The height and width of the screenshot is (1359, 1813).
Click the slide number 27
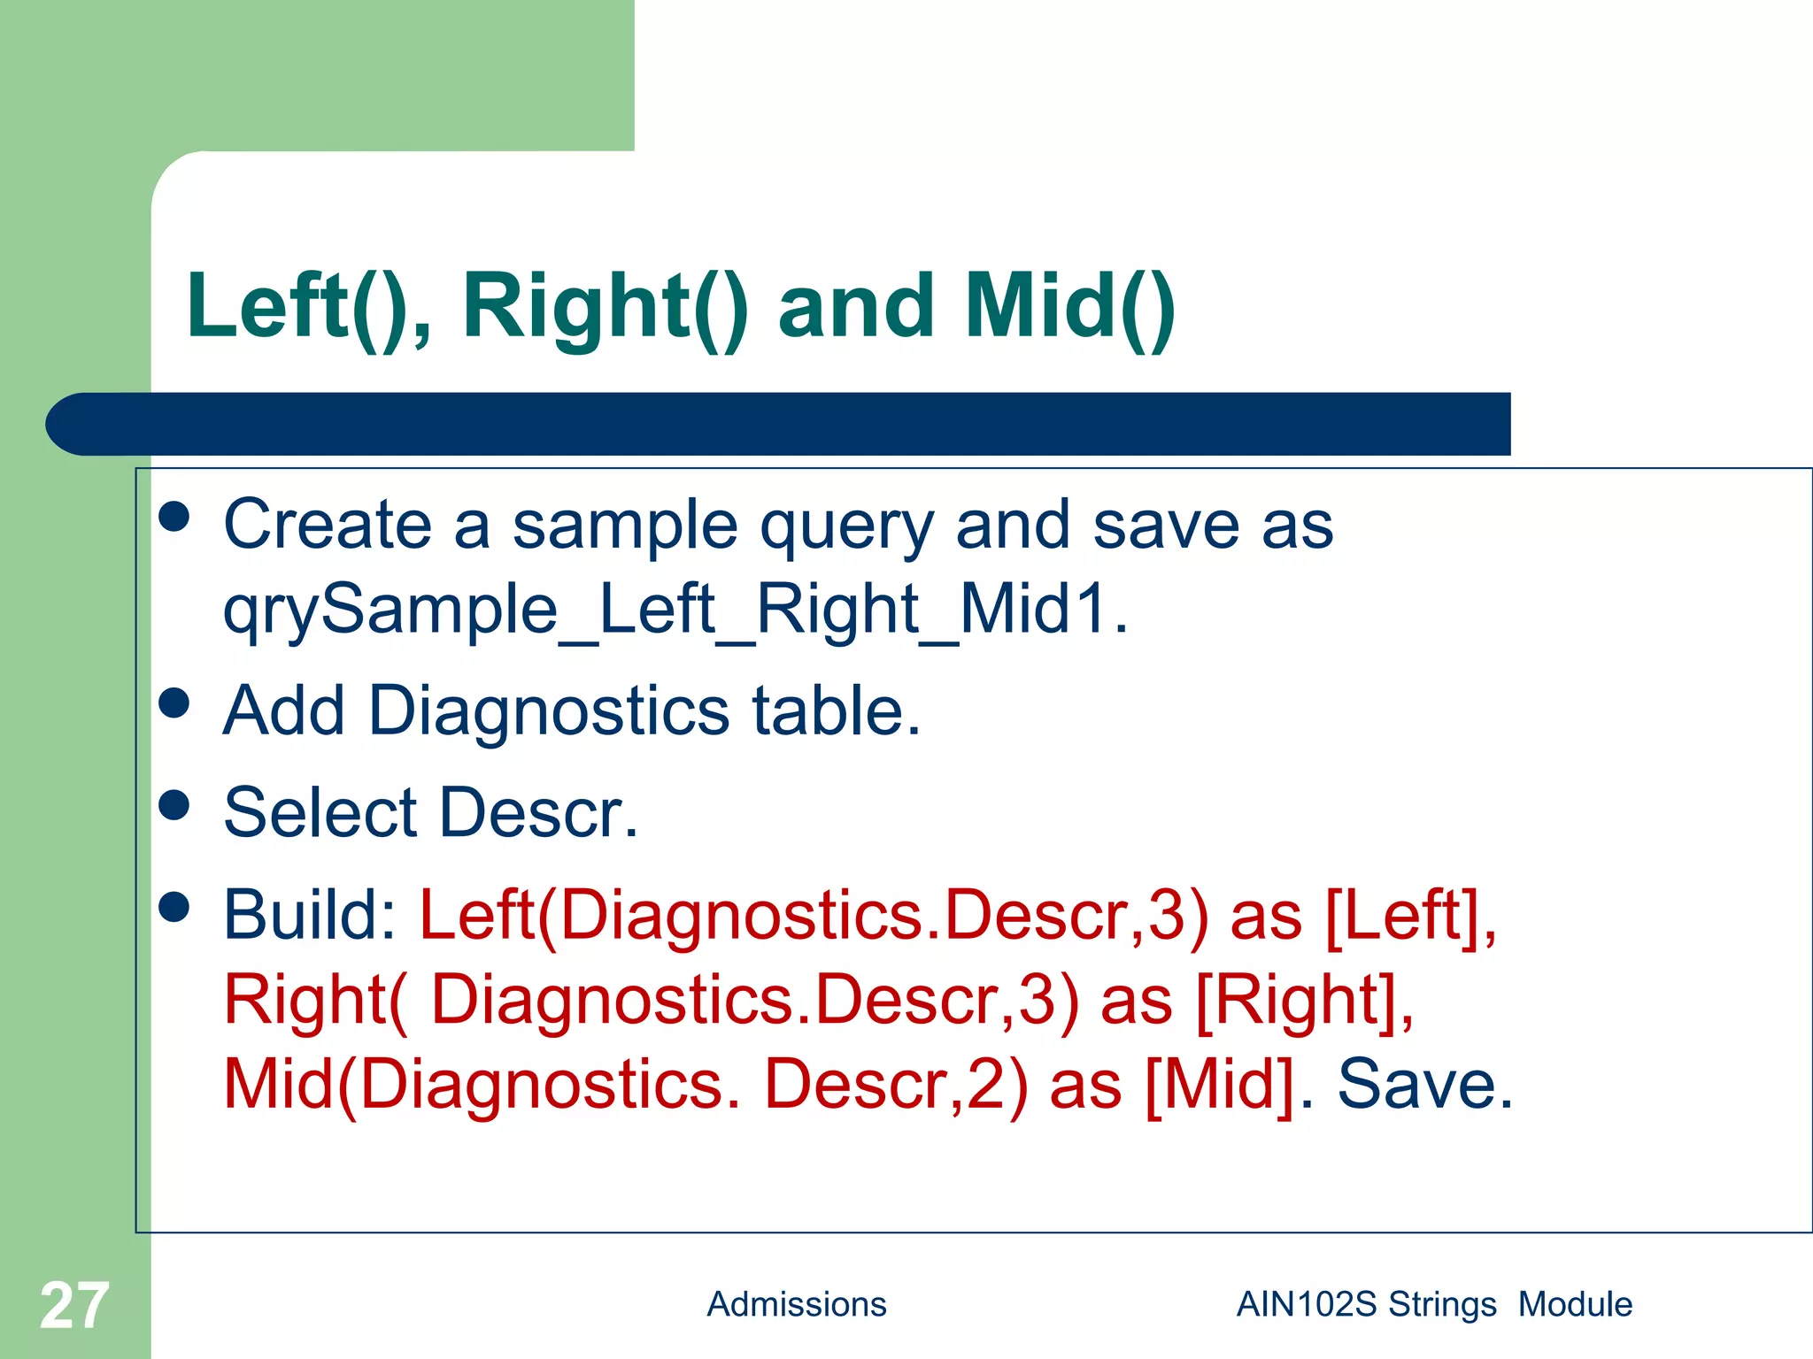[x=74, y=1306]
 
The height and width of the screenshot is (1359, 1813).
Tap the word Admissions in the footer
[x=796, y=1304]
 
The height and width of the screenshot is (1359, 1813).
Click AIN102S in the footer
[x=1307, y=1304]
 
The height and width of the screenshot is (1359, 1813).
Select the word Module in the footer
[x=1575, y=1304]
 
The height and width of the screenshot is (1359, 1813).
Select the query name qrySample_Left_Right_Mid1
[x=675, y=610]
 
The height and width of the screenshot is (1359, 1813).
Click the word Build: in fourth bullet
[x=311, y=914]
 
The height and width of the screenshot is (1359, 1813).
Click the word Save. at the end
[x=1425, y=1085]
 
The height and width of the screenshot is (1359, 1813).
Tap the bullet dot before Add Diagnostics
[x=174, y=703]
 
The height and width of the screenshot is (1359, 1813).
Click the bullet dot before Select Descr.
[x=174, y=805]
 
